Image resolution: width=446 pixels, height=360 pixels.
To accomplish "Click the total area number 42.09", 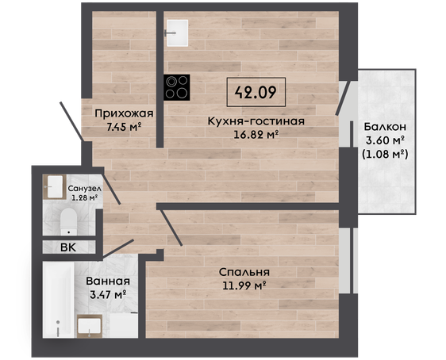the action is tap(256, 92).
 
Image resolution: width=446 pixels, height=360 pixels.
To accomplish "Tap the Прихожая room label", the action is tap(124, 113).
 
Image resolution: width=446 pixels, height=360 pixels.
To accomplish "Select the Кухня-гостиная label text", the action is tap(256, 121).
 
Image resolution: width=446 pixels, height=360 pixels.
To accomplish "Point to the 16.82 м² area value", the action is tap(256, 134).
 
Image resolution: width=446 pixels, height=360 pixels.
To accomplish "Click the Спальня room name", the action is tap(244, 272).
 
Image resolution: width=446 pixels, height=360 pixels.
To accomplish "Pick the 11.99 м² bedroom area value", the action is tap(244, 285).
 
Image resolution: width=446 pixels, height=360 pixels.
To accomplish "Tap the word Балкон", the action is tap(385, 127).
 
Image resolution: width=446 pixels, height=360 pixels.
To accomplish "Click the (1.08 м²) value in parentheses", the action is tap(385, 155).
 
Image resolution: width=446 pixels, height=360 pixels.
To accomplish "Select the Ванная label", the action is tap(108, 281).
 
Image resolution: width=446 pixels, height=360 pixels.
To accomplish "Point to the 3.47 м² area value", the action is tap(108, 295).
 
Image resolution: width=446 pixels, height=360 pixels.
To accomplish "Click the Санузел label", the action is tap(84, 189).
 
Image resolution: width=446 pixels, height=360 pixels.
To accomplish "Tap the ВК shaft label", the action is tap(68, 247).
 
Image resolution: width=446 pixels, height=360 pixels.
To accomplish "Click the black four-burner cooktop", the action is tap(177, 87).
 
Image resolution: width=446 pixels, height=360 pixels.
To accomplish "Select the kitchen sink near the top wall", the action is tap(177, 33).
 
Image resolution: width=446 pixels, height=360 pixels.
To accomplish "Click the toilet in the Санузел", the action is tap(68, 221).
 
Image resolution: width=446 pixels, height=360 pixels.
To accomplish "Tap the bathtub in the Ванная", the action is tap(58, 300).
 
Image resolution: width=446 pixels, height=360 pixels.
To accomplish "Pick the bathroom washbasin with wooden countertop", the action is tap(90, 326).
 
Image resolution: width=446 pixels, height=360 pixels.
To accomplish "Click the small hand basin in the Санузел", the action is tap(55, 186).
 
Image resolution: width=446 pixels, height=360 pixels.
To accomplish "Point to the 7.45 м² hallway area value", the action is tap(124, 127).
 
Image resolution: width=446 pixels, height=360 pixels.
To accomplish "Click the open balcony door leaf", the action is tap(343, 98).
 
